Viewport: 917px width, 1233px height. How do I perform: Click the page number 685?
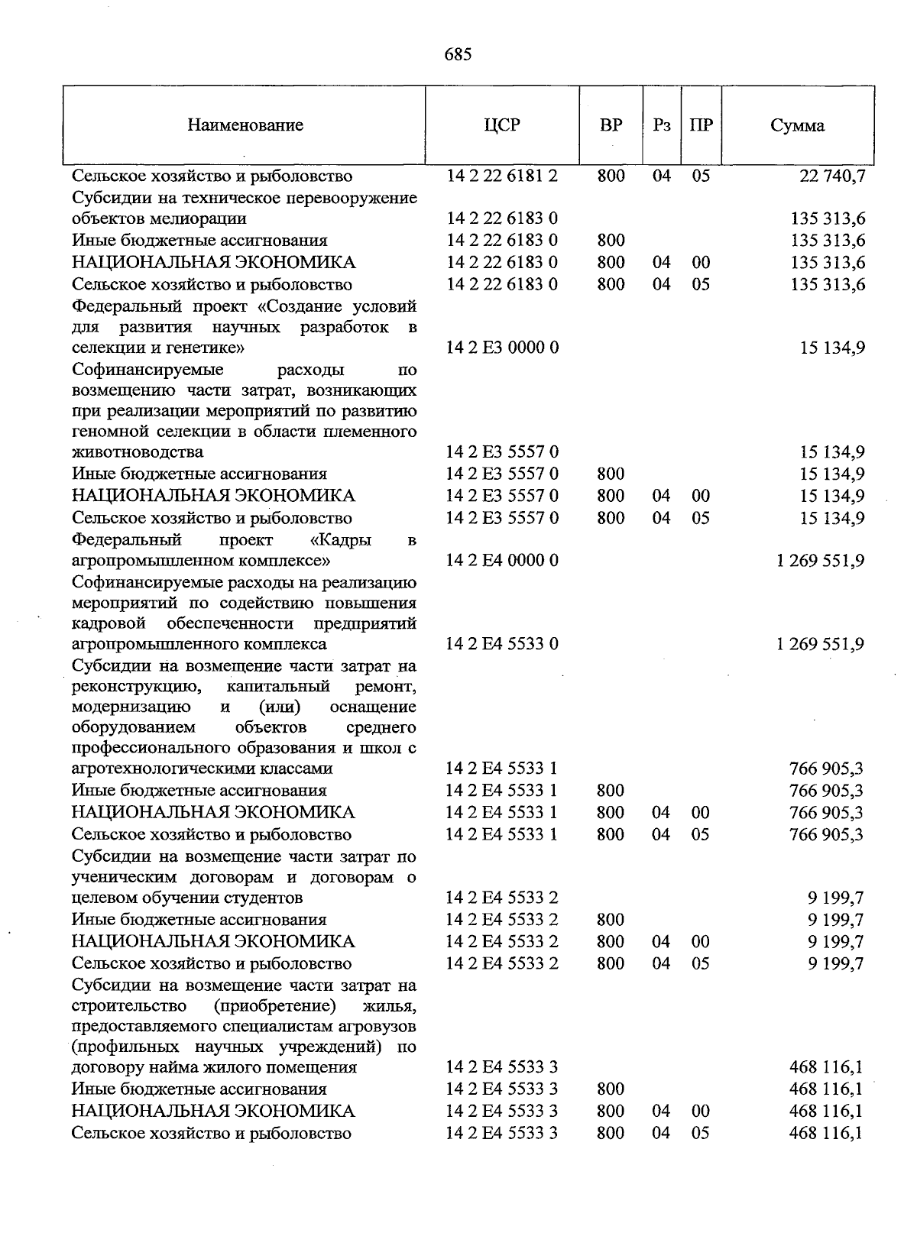(x=458, y=54)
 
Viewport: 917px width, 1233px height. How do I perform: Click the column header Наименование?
(x=245, y=125)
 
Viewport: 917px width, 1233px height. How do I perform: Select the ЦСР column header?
(x=502, y=125)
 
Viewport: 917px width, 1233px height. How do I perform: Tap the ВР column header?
(x=611, y=125)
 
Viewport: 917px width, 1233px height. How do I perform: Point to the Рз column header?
(x=662, y=125)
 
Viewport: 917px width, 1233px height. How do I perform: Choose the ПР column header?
(x=701, y=125)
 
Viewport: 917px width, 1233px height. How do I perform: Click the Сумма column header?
(x=797, y=125)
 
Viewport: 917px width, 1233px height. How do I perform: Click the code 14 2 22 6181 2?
(x=502, y=176)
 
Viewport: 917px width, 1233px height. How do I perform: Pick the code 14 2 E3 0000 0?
(x=502, y=348)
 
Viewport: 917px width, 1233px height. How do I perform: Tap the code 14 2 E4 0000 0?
(x=502, y=561)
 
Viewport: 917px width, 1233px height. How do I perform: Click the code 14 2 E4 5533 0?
(x=502, y=644)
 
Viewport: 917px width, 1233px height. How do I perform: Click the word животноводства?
(x=138, y=452)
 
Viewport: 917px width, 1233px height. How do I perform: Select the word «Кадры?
(x=342, y=540)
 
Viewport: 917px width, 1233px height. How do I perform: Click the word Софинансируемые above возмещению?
(x=147, y=371)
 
